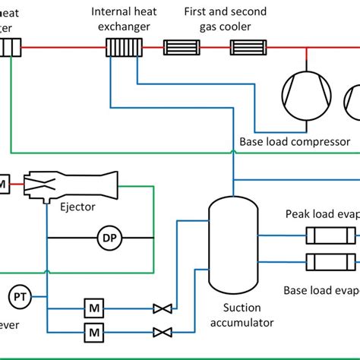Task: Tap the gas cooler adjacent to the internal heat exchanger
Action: coord(182,48)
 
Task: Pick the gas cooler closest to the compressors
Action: coord(248,48)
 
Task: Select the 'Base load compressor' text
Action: coord(294,141)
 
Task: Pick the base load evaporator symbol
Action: coord(330,261)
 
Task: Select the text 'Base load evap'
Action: coord(320,289)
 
